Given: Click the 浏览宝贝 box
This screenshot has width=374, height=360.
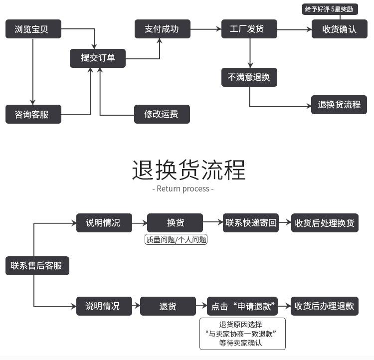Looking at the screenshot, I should (x=33, y=29).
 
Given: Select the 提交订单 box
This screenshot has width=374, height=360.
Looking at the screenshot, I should (x=98, y=58).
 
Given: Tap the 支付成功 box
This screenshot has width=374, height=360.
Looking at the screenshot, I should (x=162, y=29).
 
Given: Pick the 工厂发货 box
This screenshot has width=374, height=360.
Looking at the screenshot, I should (x=249, y=29).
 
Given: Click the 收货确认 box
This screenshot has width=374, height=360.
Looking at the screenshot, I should (x=339, y=29).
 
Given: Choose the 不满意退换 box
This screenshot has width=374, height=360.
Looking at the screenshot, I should (x=249, y=77).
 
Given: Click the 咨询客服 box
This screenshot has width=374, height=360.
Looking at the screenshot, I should (x=33, y=114).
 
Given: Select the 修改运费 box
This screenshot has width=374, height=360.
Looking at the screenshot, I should (x=162, y=114).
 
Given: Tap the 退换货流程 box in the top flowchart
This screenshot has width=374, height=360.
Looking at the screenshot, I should (x=339, y=105).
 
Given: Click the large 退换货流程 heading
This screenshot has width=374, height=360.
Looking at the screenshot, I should (x=188, y=170).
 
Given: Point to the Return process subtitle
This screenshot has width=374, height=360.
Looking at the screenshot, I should (x=183, y=189).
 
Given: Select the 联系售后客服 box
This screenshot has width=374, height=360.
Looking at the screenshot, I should (x=37, y=265).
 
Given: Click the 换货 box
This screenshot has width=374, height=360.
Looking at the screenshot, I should (x=175, y=223).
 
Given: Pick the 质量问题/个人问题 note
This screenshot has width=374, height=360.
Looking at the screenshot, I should (x=176, y=239).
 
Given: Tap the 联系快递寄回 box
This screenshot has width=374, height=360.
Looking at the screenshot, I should (x=251, y=223).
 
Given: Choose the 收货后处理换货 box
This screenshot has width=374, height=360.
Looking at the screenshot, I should (x=325, y=223).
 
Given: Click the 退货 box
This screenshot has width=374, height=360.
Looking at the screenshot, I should (x=168, y=306).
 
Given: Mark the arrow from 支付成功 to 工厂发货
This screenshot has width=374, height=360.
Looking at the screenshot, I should (x=205, y=29).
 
